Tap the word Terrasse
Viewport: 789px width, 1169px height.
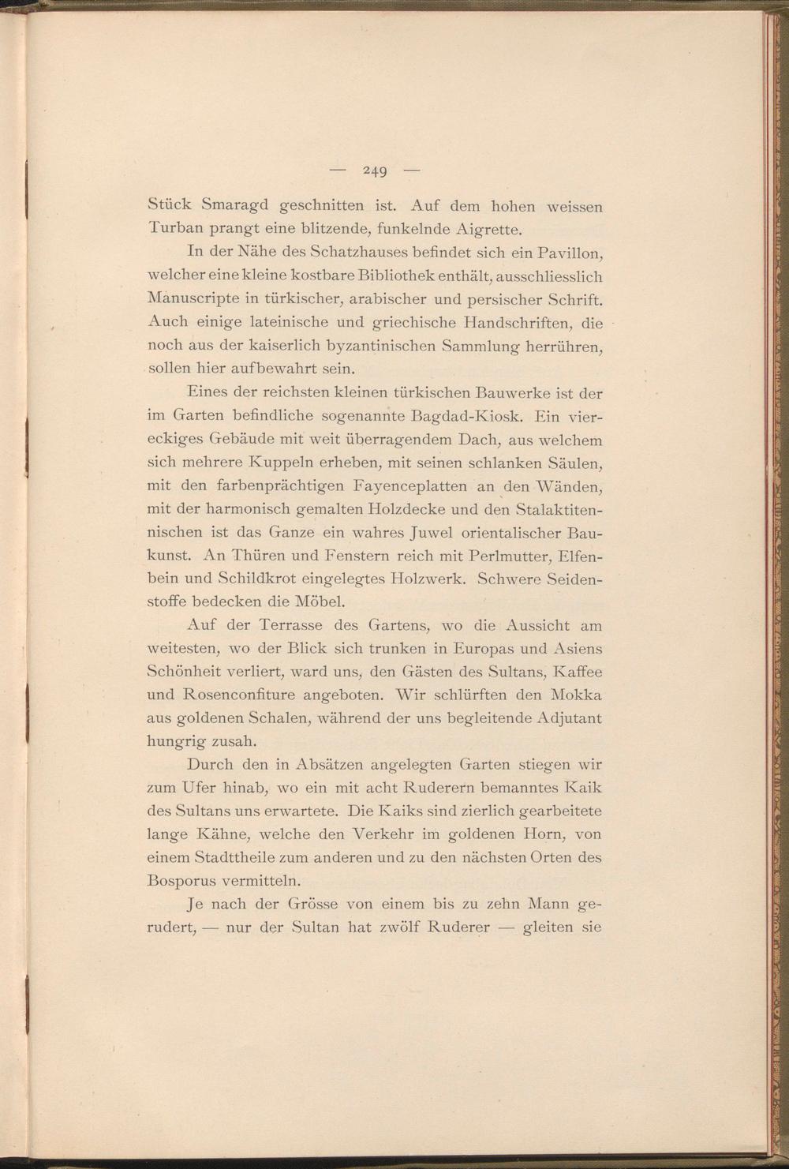(287, 626)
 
